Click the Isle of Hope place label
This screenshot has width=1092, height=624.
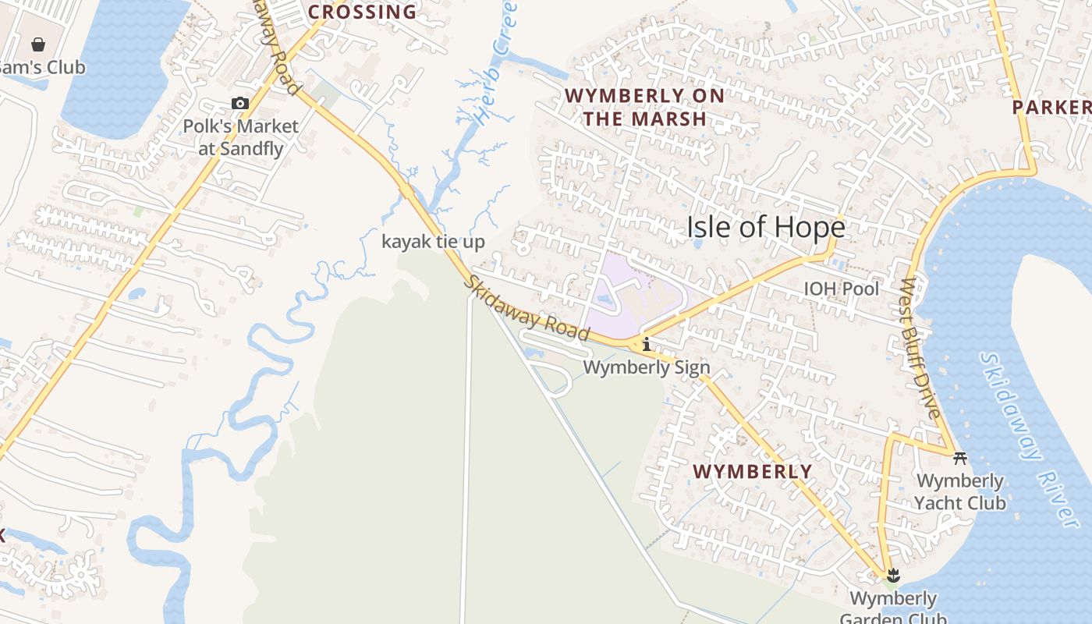click(765, 227)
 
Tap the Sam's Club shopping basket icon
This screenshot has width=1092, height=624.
click(37, 44)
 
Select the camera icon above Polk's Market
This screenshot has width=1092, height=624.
click(240, 103)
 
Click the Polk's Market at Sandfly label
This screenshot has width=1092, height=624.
click(240, 136)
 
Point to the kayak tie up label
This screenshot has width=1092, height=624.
click(433, 242)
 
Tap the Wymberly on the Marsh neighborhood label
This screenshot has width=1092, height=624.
click(644, 107)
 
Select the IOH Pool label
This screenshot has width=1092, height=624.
click(841, 289)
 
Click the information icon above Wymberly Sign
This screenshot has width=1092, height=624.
click(646, 344)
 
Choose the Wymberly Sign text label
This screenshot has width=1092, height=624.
click(647, 367)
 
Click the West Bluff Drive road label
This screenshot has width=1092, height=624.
click(921, 348)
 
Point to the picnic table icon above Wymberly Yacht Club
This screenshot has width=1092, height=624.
click(960, 458)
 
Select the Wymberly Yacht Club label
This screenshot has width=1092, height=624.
click(959, 492)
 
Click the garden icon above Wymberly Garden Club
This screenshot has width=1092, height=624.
click(893, 576)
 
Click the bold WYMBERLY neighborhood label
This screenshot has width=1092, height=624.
click(753, 472)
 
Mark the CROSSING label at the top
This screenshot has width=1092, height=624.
click(362, 12)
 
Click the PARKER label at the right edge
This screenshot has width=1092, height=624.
click(1051, 108)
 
